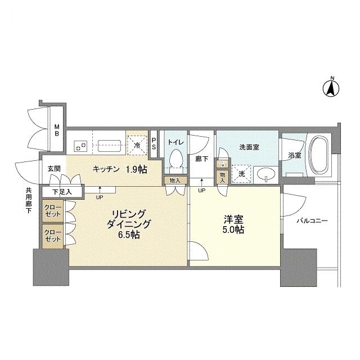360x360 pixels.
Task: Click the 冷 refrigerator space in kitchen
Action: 137,145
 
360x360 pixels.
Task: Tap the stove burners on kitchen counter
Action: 80,145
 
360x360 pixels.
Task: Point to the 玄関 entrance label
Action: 53,169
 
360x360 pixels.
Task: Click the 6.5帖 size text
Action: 129,235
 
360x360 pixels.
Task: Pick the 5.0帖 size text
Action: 233,231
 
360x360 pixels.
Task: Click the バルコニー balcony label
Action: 312,222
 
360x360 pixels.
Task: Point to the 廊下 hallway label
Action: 201,159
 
